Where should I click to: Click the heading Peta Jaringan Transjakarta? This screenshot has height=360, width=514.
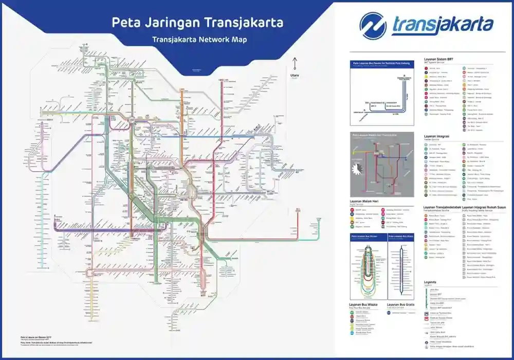click(197, 23)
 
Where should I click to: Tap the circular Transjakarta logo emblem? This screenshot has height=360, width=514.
click(373, 26)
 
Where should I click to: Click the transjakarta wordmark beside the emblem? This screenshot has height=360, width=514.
click(442, 25)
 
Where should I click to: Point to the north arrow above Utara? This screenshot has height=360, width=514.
click(295, 65)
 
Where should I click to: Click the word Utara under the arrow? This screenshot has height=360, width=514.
click(295, 75)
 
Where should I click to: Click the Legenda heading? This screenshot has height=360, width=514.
click(430, 282)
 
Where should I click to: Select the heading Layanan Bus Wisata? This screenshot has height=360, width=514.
click(363, 304)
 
